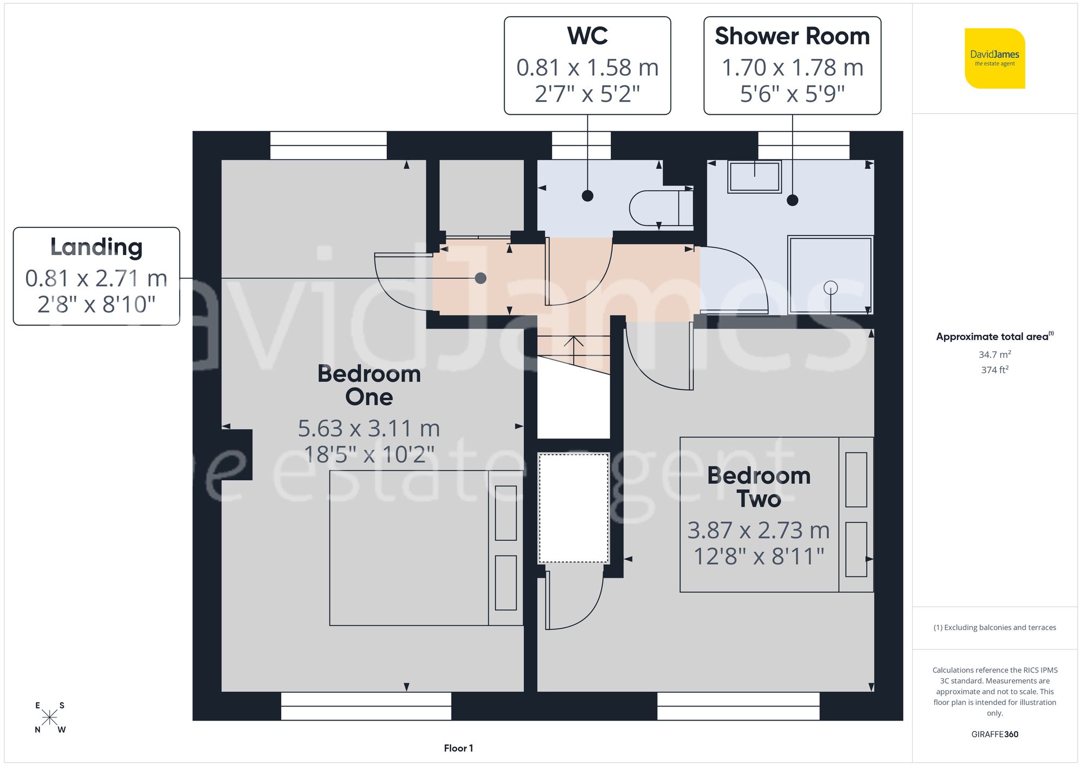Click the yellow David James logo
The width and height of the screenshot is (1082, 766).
(994, 58)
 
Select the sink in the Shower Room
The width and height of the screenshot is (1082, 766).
(754, 176)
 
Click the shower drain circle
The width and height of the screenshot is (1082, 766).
(830, 288)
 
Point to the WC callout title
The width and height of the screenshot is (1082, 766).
(587, 36)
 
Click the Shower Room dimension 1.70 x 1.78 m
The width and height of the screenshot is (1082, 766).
(792, 68)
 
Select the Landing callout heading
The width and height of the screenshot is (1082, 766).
(96, 247)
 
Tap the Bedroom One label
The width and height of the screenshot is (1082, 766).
(369, 385)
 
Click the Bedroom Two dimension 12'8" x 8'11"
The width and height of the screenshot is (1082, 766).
(758, 557)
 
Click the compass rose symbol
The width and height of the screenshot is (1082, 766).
(49, 718)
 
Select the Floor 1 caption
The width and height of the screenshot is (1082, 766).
(458, 748)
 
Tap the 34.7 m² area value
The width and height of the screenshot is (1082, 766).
(994, 355)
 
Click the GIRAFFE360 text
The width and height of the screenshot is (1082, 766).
(994, 734)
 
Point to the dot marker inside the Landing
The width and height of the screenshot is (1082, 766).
(480, 278)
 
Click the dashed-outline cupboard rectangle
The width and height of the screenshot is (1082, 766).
(573, 508)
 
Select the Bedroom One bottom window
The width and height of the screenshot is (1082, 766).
(366, 706)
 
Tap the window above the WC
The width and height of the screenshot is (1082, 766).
(581, 145)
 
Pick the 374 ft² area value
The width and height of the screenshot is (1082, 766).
(994, 370)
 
